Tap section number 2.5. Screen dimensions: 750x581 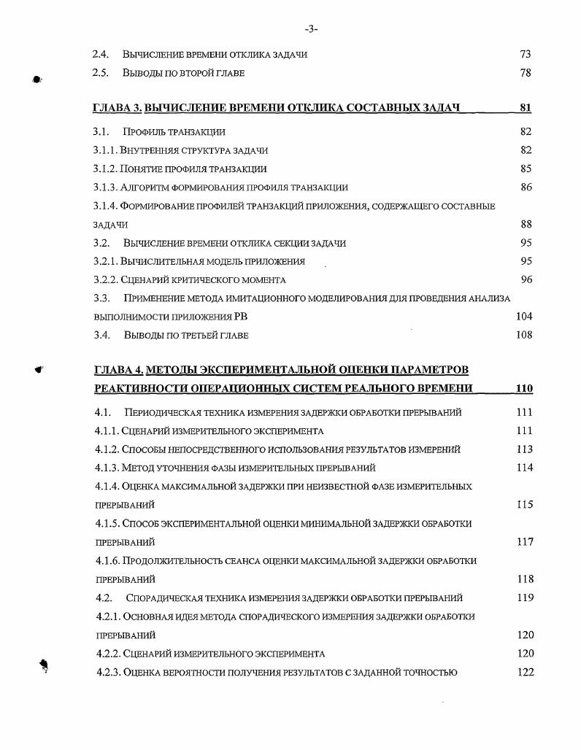click(101, 74)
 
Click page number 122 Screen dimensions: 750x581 click(525, 673)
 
